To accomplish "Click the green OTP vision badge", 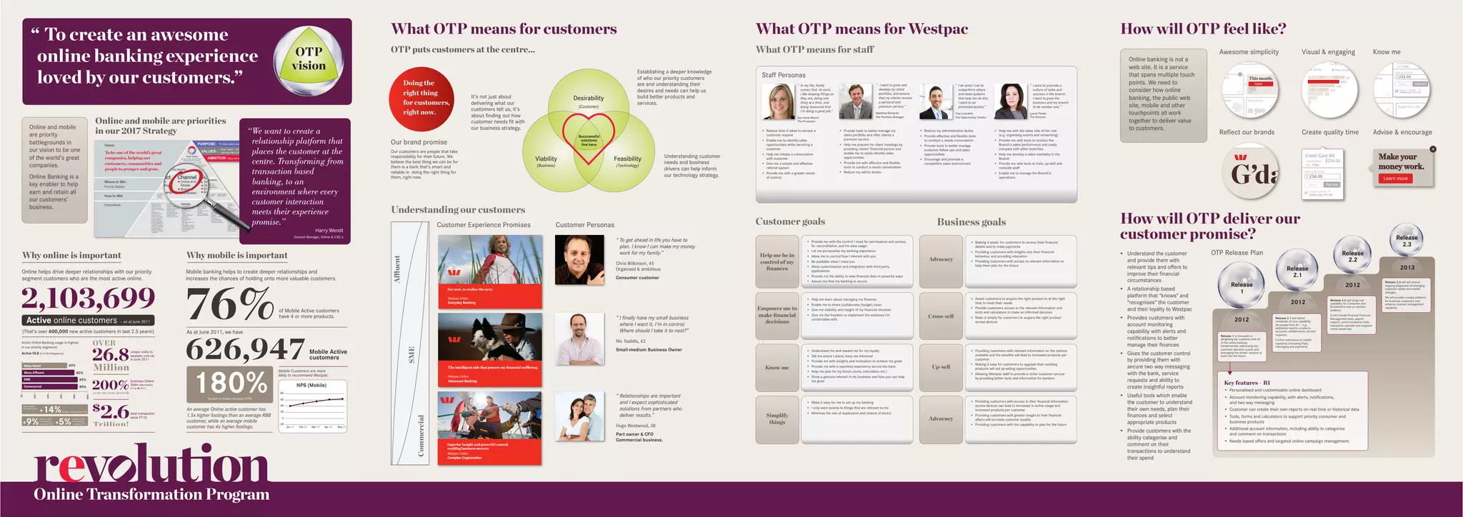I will [x=309, y=59].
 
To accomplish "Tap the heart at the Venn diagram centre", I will [x=589, y=139].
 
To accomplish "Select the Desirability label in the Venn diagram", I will [x=589, y=99].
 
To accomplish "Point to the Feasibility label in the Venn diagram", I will [x=627, y=159].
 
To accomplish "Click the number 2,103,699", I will [x=88, y=298].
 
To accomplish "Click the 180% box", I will [x=230, y=385].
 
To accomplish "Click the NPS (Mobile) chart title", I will [x=311, y=386].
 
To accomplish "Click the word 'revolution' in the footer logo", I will [x=151, y=464].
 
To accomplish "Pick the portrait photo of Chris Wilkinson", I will [x=579, y=260].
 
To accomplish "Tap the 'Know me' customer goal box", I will [x=777, y=368].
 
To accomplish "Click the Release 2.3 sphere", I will [x=1407, y=241].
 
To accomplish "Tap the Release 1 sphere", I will [x=1242, y=285].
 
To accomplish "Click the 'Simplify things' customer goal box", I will [x=777, y=418].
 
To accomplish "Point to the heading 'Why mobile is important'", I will [x=236, y=256].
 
